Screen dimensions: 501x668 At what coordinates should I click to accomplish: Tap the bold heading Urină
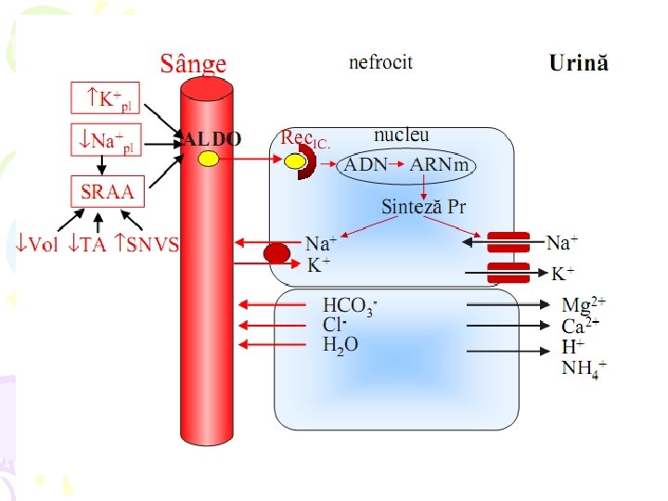point(579,63)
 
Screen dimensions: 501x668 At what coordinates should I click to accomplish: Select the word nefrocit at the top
point(380,63)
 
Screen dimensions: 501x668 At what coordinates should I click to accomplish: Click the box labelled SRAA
point(108,193)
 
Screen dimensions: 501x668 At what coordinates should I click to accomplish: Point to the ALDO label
point(212,139)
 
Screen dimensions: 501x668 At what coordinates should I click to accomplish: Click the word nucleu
point(401,135)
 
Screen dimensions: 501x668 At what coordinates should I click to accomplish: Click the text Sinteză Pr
point(423,207)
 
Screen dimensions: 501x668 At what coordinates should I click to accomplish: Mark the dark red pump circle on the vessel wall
point(277,252)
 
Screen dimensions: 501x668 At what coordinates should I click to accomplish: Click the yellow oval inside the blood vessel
point(209,160)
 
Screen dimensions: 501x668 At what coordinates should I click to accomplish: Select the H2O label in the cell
point(340,344)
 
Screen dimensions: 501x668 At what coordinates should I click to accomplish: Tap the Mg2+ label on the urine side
point(584,304)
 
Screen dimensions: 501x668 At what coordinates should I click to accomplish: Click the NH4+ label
point(584,368)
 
